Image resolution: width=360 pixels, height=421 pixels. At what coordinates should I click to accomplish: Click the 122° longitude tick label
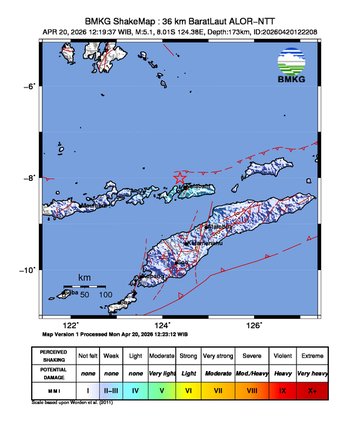click(x=71, y=325)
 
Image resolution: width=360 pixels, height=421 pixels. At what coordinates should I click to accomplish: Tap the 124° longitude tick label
click(x=163, y=325)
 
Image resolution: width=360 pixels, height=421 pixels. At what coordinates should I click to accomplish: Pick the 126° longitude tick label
click(x=254, y=325)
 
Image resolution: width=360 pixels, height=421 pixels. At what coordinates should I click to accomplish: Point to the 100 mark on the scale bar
click(x=104, y=295)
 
